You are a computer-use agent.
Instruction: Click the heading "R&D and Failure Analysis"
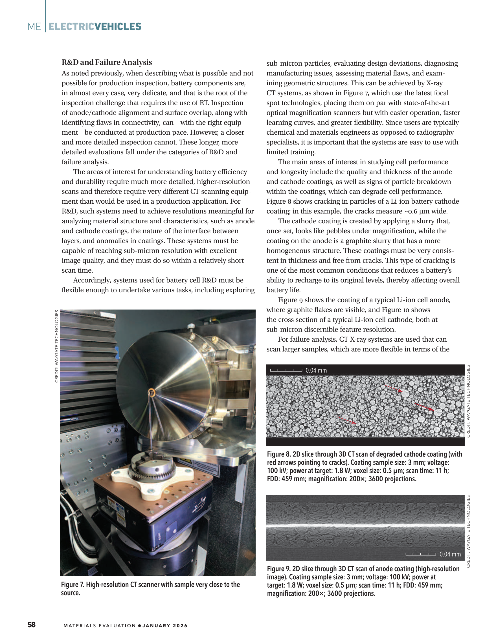pyautogui.click(x=107, y=63)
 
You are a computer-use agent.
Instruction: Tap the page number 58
pyautogui.click(x=32, y=625)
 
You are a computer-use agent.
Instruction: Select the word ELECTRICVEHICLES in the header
pyautogui.click(x=95, y=26)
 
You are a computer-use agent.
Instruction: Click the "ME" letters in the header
pyautogui.click(x=34, y=27)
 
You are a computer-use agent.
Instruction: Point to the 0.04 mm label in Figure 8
pyautogui.click(x=316, y=370)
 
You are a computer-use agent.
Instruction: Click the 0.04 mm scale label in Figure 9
pyautogui.click(x=450, y=554)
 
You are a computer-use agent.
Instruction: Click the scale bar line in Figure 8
pyautogui.click(x=286, y=371)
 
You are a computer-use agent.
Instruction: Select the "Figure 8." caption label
pyautogui.click(x=279, y=454)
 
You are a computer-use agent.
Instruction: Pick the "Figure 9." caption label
pyautogui.click(x=279, y=569)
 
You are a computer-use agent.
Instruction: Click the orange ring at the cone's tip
pyautogui.click(x=152, y=392)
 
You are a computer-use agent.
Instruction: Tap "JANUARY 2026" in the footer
pyautogui.click(x=165, y=626)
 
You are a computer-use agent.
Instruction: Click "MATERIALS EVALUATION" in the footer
pyautogui.click(x=100, y=626)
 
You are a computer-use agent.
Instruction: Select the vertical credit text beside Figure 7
pyautogui.click(x=57, y=346)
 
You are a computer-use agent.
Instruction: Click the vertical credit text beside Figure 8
pyautogui.click(x=468, y=401)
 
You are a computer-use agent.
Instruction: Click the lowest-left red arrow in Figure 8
pyautogui.click(x=346, y=420)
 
